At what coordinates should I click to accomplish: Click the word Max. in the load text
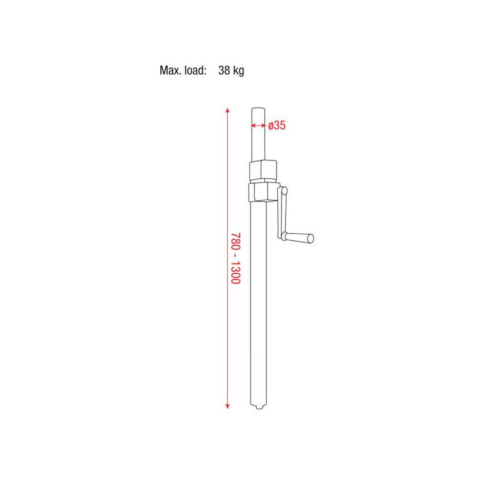[x=171, y=70]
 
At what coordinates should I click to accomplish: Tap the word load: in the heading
[x=196, y=70]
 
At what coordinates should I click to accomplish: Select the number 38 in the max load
[x=224, y=70]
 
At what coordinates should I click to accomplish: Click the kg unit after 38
[x=238, y=71]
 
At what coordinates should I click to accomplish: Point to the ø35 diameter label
[x=277, y=125]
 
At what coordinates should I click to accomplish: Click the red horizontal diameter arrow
[x=258, y=125]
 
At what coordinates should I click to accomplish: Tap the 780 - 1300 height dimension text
[x=236, y=258]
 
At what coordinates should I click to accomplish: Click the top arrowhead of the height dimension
[x=227, y=110]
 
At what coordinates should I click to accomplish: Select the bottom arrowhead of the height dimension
[x=227, y=406]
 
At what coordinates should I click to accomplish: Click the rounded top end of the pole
[x=258, y=110]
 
